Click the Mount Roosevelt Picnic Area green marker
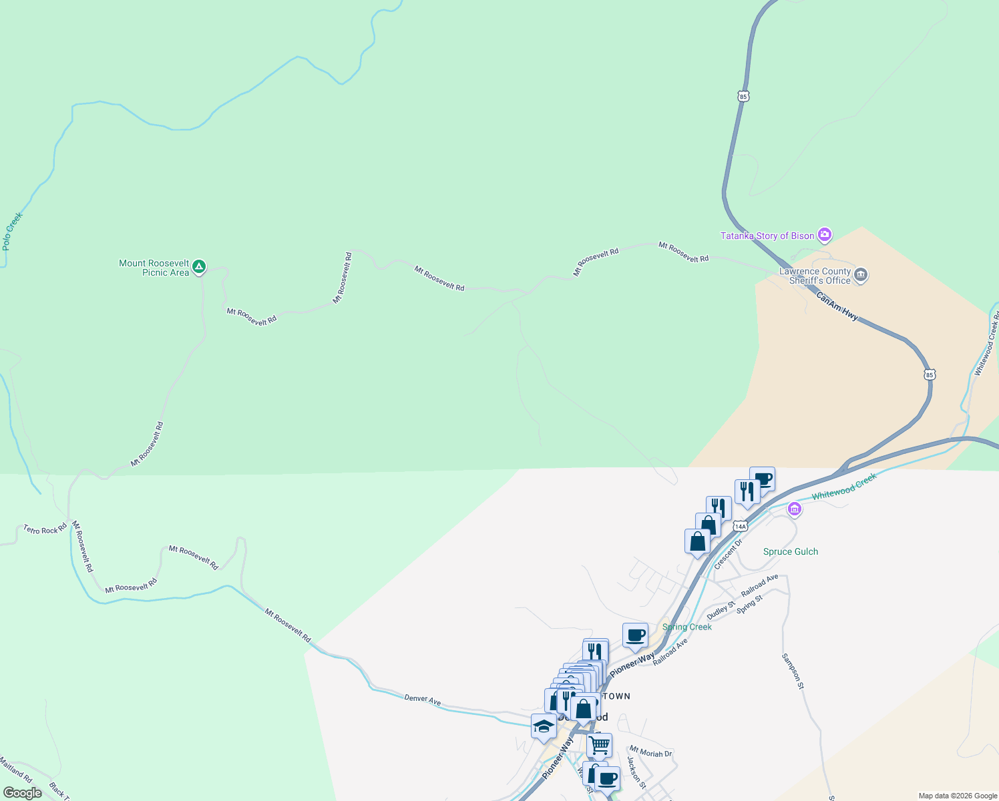tap(198, 268)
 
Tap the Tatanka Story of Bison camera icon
tap(825, 235)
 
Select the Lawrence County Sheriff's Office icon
tap(861, 275)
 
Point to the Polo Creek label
tap(12, 231)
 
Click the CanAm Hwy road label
tap(837, 306)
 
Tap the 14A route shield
tap(739, 526)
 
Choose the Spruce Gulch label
tap(790, 551)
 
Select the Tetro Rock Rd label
tap(45, 529)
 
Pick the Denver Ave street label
tap(422, 700)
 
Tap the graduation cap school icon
tap(544, 726)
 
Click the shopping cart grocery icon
tap(599, 744)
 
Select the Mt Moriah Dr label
tap(650, 752)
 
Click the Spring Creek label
tap(686, 627)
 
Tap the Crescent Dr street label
tap(728, 555)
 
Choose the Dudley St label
tap(721, 610)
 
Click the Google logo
tap(23, 793)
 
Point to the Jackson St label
tap(636, 772)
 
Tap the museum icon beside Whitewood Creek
tap(794, 509)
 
